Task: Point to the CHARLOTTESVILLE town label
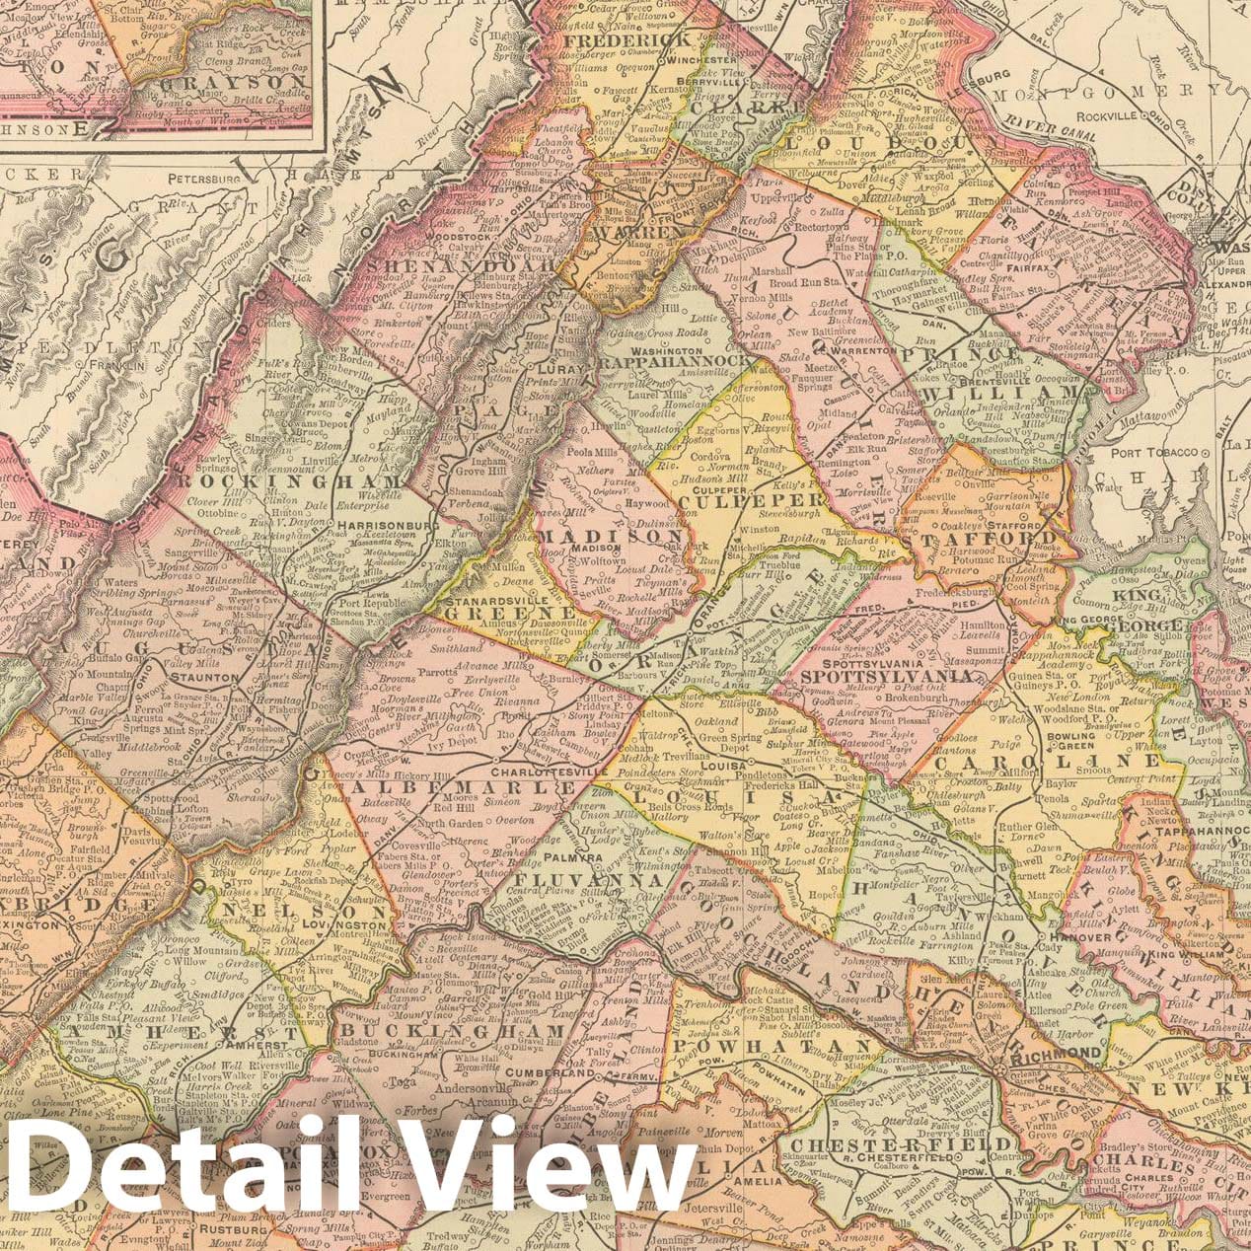click(510, 771)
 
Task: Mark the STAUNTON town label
click(201, 678)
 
